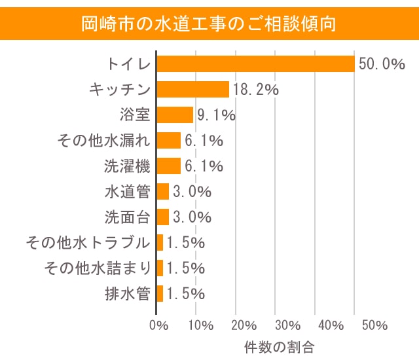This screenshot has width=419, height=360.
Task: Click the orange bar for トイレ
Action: point(255,63)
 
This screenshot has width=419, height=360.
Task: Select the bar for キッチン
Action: point(193,89)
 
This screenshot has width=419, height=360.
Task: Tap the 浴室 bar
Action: point(175,115)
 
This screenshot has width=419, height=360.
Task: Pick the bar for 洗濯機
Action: point(169,166)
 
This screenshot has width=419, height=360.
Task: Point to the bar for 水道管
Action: point(163,191)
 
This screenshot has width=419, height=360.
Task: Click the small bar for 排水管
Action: point(160,293)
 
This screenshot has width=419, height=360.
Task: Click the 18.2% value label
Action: point(255,90)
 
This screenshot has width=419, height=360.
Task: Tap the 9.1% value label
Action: point(215,115)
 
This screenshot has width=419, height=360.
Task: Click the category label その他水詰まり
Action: point(97,268)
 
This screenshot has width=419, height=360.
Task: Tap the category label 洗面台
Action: point(128,217)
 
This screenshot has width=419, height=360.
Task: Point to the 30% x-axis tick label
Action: point(287,325)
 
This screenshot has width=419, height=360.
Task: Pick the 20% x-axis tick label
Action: point(244,325)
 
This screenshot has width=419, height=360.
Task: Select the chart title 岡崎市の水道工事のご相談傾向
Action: point(209,24)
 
